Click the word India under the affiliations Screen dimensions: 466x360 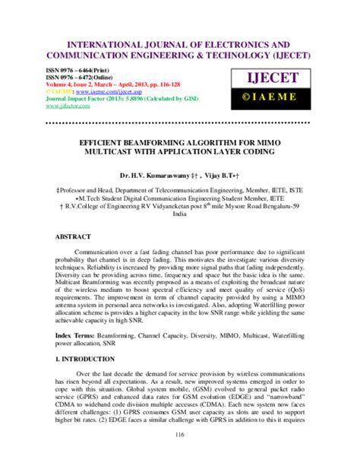[x=180, y=214]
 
